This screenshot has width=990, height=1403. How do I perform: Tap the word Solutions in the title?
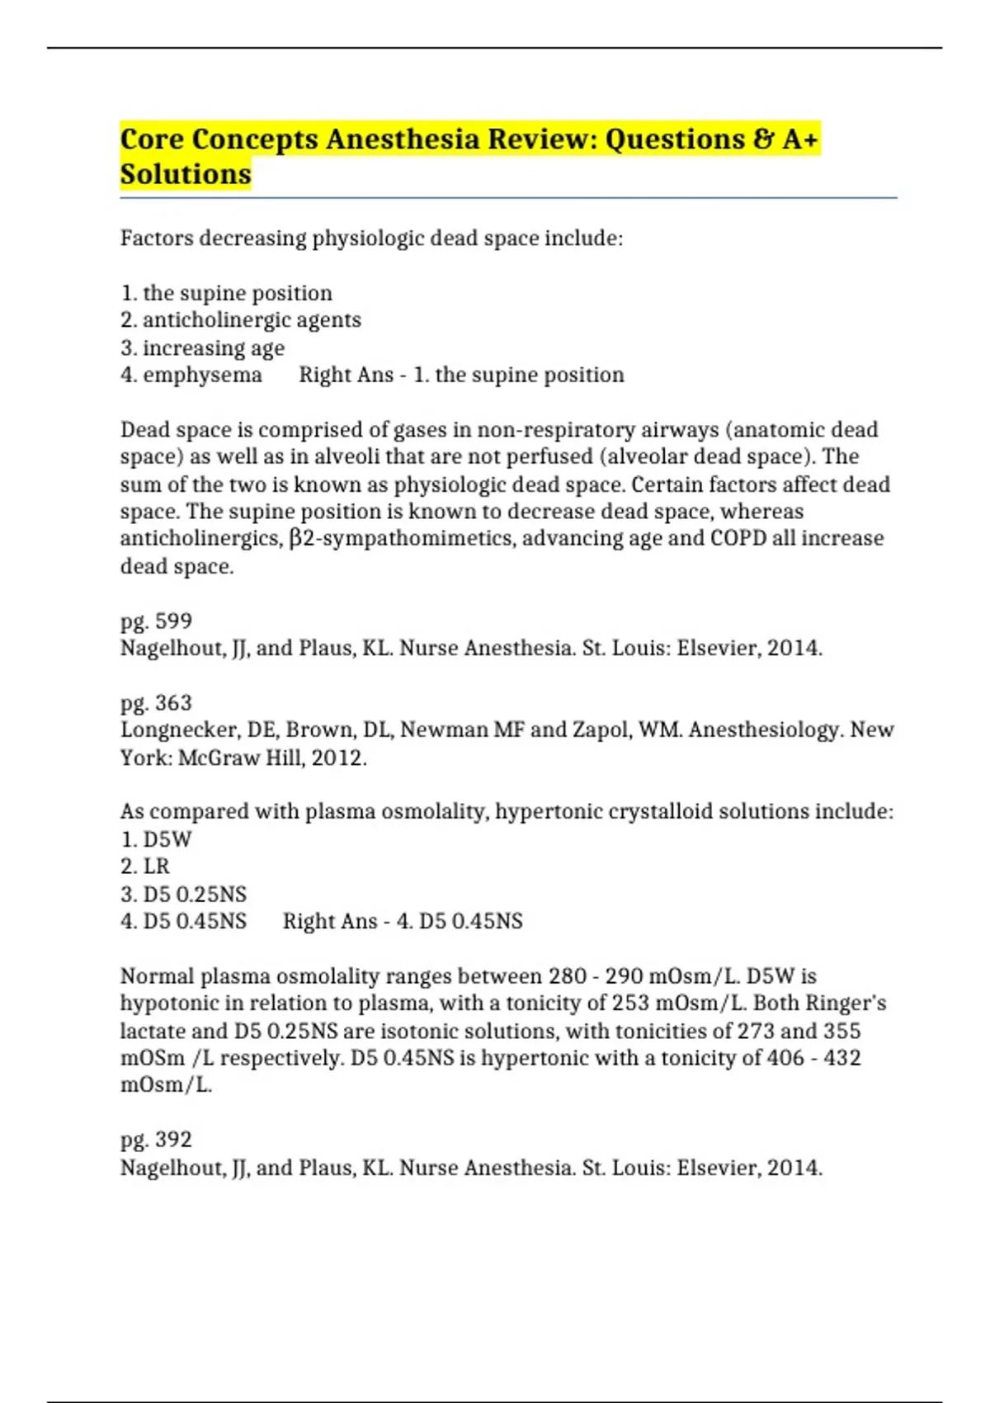tap(186, 174)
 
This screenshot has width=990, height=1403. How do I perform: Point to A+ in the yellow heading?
tap(799, 139)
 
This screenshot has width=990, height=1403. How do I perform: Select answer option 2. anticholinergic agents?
tap(241, 320)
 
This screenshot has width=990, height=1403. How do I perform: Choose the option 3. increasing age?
tap(203, 347)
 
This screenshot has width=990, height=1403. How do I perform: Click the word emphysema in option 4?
tap(202, 375)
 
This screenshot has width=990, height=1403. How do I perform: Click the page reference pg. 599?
tap(156, 621)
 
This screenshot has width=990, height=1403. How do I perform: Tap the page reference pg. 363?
tap(156, 702)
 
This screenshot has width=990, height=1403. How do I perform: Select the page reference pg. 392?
tap(156, 1140)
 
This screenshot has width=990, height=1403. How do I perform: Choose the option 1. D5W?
tap(156, 839)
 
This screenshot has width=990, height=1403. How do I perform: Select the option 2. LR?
tap(145, 867)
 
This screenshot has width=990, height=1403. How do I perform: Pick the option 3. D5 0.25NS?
tap(183, 894)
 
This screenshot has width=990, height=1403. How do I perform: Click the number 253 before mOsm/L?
tap(629, 1004)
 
